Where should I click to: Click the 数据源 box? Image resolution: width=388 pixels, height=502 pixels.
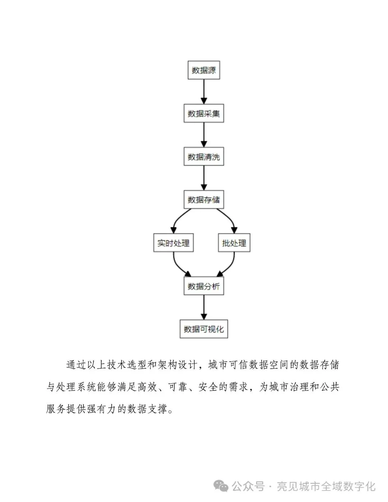(204, 70)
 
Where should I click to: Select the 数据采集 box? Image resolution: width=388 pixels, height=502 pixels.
(204, 114)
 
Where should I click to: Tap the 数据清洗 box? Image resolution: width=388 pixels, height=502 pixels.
(204, 157)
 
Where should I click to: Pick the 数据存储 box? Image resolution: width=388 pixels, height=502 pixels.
(204, 200)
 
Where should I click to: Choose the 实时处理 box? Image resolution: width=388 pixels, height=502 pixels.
(173, 243)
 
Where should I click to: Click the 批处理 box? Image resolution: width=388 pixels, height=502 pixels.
(234, 243)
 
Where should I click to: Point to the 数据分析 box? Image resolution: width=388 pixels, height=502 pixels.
(204, 286)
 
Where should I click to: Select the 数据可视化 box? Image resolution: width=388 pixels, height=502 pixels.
(204, 329)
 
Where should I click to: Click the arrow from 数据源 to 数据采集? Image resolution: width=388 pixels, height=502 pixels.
(204, 92)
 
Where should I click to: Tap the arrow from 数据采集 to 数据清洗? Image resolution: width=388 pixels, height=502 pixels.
(204, 135)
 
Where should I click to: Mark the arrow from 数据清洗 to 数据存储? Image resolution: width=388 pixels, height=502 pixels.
(204, 178)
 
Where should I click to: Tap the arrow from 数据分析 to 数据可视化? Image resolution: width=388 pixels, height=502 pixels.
(204, 307)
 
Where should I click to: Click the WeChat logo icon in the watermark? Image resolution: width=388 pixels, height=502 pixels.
(221, 486)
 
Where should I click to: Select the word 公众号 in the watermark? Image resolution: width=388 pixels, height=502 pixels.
(248, 487)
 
